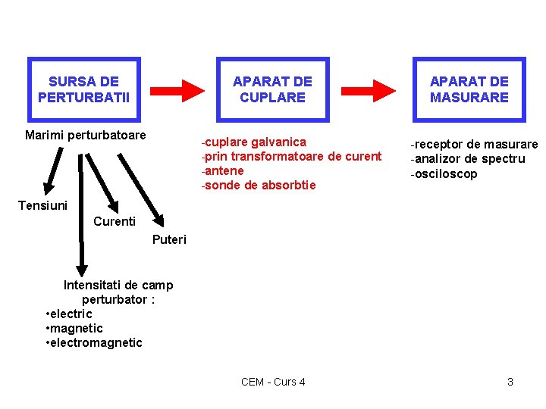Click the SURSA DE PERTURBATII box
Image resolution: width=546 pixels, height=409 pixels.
tap(84, 89)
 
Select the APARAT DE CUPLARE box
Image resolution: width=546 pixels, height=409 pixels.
tap(272, 89)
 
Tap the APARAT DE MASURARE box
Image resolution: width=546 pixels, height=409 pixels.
tap(469, 89)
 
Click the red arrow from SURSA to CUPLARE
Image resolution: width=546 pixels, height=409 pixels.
tap(177, 89)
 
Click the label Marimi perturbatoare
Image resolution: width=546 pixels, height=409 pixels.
tap(85, 136)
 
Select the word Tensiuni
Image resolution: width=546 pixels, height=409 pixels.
tap(42, 205)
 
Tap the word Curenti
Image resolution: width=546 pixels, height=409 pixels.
tap(114, 221)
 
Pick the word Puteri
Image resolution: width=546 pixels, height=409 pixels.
tap(169, 240)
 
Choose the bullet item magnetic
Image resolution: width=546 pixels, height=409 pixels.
tap(77, 328)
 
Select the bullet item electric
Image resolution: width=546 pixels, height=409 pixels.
tap(71, 314)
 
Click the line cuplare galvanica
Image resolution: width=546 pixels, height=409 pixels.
tap(253, 142)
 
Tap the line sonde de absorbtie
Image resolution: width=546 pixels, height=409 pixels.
tap(258, 186)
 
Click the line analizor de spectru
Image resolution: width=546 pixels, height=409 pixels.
tap(468, 158)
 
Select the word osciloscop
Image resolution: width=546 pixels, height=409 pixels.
tap(444, 173)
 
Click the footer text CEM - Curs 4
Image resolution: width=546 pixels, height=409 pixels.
tap(273, 382)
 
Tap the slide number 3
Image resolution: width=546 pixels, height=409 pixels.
tap(510, 382)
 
